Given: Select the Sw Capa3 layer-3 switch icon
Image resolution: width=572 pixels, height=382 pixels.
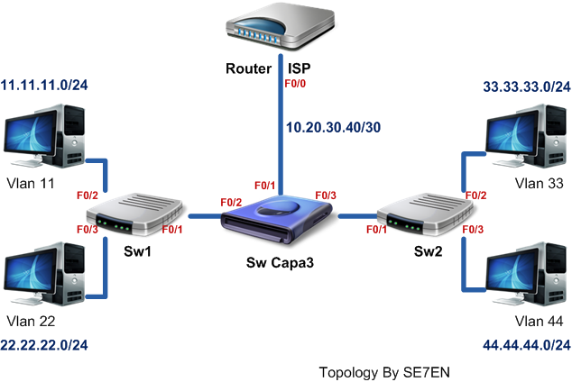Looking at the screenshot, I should (281, 220).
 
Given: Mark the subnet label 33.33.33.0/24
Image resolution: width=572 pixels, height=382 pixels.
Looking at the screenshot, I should (528, 87).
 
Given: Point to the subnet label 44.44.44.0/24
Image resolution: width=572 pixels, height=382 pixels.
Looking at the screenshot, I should (527, 345).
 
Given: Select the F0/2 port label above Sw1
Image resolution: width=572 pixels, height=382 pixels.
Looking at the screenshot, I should (87, 195).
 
